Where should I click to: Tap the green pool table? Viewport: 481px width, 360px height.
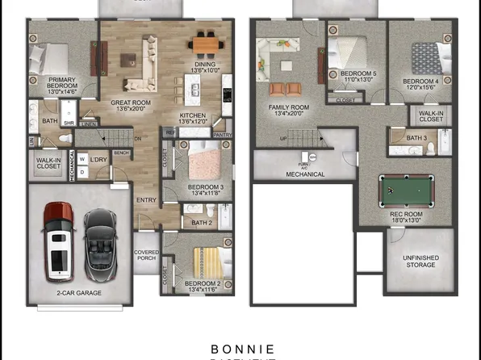[407, 191]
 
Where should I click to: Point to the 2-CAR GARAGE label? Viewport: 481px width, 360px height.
[79, 293]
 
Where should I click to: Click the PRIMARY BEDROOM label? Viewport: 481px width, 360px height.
[62, 85]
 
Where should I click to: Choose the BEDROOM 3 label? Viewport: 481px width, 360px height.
[205, 190]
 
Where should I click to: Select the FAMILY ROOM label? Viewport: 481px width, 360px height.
[289, 111]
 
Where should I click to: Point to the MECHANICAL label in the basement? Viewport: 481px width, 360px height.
[305, 174]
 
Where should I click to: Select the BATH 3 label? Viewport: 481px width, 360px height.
[417, 138]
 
